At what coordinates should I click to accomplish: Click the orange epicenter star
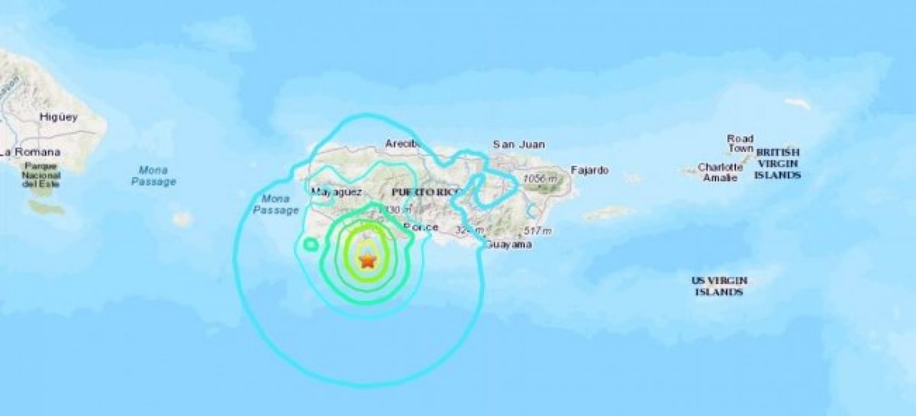[368, 260]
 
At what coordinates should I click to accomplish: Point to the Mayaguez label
[341, 191]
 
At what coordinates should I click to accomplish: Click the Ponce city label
[421, 227]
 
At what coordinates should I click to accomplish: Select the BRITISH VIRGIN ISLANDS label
[778, 163]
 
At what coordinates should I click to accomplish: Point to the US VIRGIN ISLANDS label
[719, 286]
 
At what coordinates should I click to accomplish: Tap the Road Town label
[740, 144]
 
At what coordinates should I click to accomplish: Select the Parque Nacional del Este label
[40, 175]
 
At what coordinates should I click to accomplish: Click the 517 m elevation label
[539, 231]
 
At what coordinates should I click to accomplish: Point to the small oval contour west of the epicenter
[310, 244]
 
